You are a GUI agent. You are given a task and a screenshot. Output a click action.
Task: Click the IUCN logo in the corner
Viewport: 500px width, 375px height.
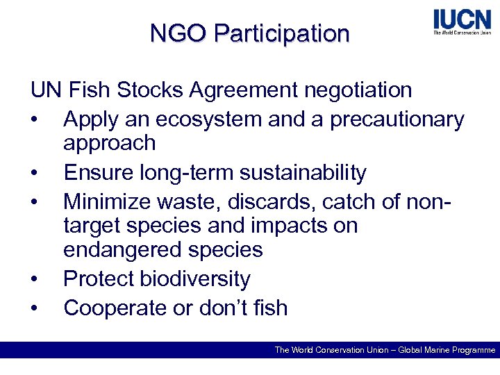[461, 22]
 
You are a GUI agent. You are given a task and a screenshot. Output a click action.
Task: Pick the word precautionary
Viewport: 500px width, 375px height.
[397, 120]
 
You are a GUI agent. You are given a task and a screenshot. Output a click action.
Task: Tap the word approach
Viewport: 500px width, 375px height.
[109, 143]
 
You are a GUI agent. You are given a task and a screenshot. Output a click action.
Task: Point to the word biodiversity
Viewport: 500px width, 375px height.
[195, 279]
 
